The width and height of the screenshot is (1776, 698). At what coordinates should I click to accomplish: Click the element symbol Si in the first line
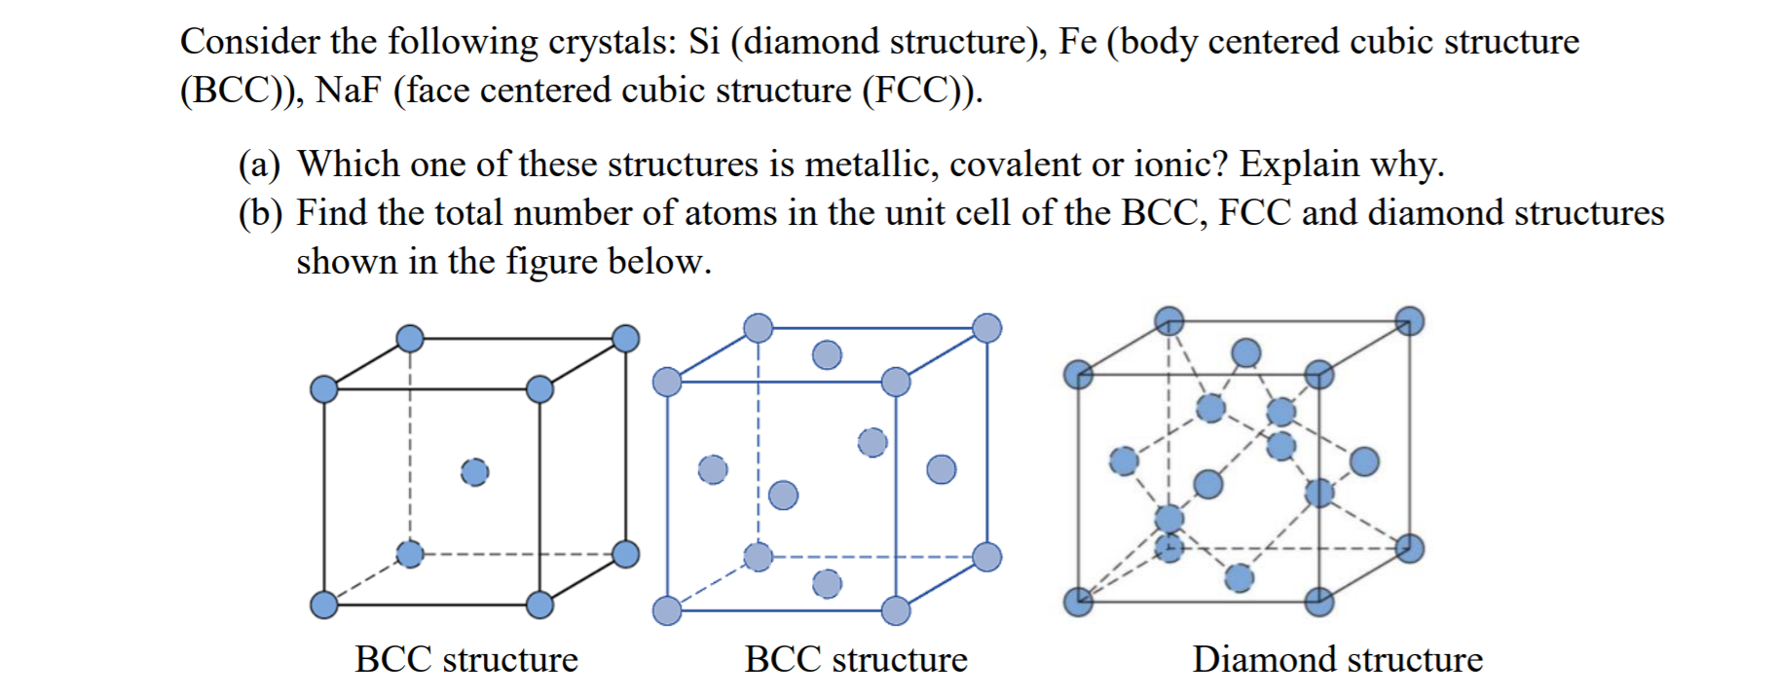(x=704, y=42)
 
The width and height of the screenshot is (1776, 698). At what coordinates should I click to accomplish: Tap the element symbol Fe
(x=1077, y=42)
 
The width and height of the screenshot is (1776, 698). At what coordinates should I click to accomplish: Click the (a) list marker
(x=259, y=165)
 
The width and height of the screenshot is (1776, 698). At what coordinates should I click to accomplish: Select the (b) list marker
(x=259, y=213)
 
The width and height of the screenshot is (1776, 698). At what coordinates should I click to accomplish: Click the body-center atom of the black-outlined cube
(x=474, y=472)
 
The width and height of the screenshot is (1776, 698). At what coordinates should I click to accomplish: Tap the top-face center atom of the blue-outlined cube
(x=827, y=354)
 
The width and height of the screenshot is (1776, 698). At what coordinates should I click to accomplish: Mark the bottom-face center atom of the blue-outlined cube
(x=827, y=583)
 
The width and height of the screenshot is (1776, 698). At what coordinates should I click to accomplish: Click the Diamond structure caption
(x=1337, y=659)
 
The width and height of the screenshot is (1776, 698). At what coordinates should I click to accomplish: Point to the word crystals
(x=611, y=42)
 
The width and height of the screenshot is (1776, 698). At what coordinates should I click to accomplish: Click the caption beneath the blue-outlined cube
(x=856, y=659)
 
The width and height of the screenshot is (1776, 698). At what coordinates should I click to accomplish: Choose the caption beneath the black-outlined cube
(x=466, y=659)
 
